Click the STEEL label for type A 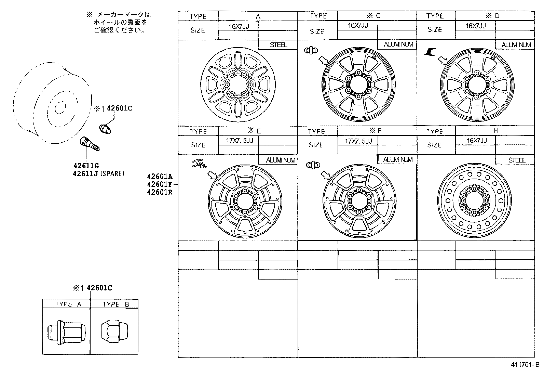pyautogui.click(x=278, y=45)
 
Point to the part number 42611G pyautogui.click(x=86, y=166)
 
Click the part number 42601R pyautogui.click(x=160, y=192)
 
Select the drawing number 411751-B pyautogui.click(x=525, y=365)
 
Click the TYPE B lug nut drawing pyautogui.click(x=114, y=332)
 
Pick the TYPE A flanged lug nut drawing pyautogui.click(x=66, y=332)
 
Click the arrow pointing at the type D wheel pyautogui.click(x=443, y=60)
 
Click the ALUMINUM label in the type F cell pyautogui.click(x=398, y=160)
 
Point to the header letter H pyautogui.click(x=496, y=131)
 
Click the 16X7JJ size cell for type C pyautogui.click(x=357, y=25)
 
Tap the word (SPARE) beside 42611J pyautogui.click(x=112, y=174)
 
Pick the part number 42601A pyautogui.click(x=160, y=177)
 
